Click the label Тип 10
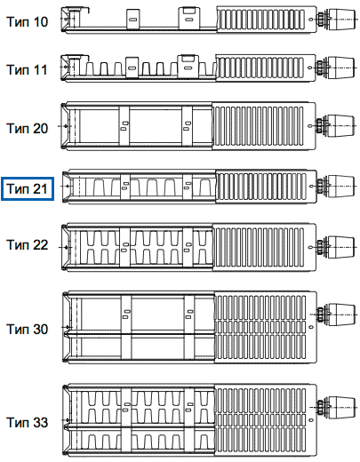click(x=27, y=22)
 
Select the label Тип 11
click(x=27, y=70)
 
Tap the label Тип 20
click(x=27, y=128)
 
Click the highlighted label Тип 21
click(x=27, y=188)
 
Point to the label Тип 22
click(x=27, y=245)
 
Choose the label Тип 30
click(x=27, y=329)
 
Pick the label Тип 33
click(x=27, y=422)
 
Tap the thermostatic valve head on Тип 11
click(x=341, y=68)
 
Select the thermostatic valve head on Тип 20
click(x=341, y=125)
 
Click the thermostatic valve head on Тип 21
click(x=341, y=186)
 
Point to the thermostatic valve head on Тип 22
click(x=341, y=247)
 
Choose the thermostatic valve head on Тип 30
click(x=342, y=315)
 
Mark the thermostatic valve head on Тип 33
click(x=342, y=408)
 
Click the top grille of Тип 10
click(x=260, y=20)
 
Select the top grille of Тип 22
click(x=259, y=247)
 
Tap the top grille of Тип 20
click(x=258, y=126)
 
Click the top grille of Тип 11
click(x=260, y=68)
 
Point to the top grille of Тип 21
click(x=261, y=187)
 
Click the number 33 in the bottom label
click(x=40, y=422)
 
